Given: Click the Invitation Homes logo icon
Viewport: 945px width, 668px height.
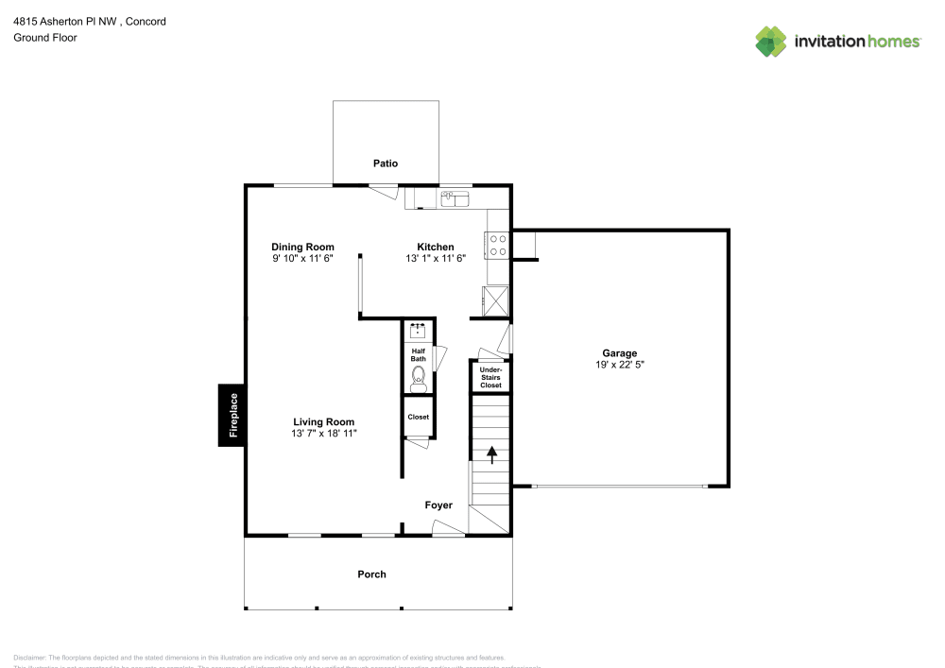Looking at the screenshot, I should click(x=771, y=41).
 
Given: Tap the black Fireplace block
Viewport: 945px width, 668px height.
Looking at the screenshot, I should click(x=232, y=415).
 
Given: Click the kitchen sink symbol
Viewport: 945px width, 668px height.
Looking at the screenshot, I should click(x=455, y=198).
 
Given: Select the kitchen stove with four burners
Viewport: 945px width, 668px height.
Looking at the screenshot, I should click(x=498, y=246).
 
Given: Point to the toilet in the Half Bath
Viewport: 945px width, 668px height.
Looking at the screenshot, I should click(x=418, y=379).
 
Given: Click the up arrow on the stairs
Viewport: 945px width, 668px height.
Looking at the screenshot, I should click(x=491, y=454).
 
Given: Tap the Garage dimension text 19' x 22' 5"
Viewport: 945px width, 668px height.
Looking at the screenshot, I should click(x=620, y=366).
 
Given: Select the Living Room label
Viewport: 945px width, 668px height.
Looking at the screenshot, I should click(x=323, y=422).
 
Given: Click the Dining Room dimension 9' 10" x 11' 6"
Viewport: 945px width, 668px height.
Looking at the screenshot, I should click(x=302, y=258).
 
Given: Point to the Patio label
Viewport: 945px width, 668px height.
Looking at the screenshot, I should click(x=385, y=163).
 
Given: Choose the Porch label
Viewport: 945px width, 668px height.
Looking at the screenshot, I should click(x=371, y=574).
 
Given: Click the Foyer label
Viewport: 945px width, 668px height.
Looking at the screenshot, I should click(x=438, y=505).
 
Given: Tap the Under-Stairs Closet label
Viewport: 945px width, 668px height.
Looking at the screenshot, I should click(x=490, y=378).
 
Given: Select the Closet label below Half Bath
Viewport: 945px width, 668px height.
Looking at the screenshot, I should click(x=418, y=417).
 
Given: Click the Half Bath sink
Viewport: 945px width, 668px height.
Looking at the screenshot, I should click(x=418, y=331).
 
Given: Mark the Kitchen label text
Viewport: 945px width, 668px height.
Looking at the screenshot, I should click(x=436, y=247).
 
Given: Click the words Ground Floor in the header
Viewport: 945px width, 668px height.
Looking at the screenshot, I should click(x=45, y=38).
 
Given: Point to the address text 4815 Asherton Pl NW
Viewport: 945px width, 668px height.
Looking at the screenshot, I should click(x=66, y=21).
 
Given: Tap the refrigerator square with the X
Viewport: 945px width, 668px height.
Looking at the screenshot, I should click(x=497, y=300).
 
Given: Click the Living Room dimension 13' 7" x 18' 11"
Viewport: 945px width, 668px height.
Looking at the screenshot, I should click(x=323, y=434).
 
